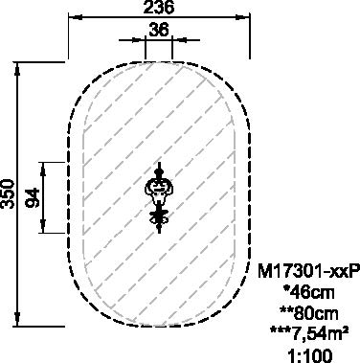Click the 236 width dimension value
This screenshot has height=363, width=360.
click(x=159, y=7)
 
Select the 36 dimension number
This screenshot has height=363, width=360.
click(x=159, y=31)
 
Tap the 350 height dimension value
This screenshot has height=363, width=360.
click(x=8, y=193)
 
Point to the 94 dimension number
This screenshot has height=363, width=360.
click(x=33, y=198)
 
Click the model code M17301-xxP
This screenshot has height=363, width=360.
click(x=308, y=272)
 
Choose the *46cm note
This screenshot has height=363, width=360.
click(x=309, y=292)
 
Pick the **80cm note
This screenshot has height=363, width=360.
click(x=308, y=313)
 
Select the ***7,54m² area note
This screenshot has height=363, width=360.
click(x=309, y=333)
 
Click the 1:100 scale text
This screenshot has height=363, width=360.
click(x=310, y=355)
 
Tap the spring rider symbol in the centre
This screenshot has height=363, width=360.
click(x=160, y=197)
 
